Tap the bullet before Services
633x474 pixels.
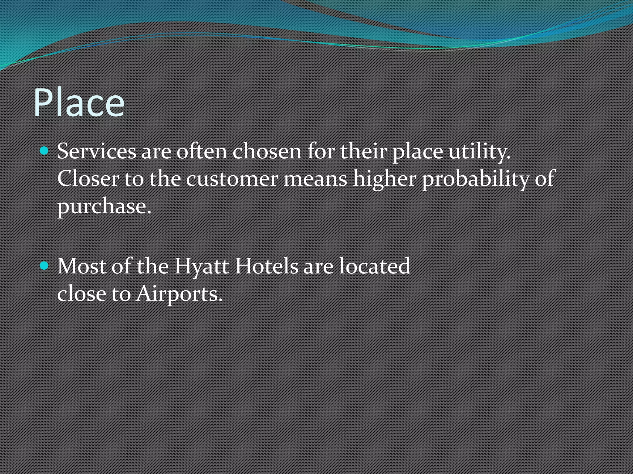[x=45, y=151]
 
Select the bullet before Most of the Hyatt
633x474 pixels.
[x=45, y=265]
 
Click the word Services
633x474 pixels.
[x=96, y=152]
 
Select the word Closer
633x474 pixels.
[x=88, y=179]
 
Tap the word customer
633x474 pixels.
[x=232, y=179]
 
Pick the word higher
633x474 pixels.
[x=384, y=179]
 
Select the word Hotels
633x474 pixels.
[x=266, y=266]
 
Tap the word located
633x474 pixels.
[x=375, y=266]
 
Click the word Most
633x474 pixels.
[x=82, y=266]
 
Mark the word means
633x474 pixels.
[x=315, y=179]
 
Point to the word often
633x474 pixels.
[x=202, y=152]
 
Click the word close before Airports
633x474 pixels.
[x=82, y=294]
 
